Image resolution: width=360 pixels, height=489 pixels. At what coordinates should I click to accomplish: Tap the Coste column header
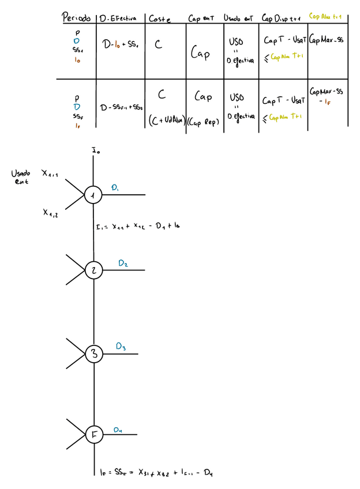159,18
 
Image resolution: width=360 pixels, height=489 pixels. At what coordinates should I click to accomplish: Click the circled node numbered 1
93,195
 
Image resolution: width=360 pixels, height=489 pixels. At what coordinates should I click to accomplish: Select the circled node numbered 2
93,270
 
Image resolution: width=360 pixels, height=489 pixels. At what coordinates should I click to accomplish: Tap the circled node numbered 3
93,353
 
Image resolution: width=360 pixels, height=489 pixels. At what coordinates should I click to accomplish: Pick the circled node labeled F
93,434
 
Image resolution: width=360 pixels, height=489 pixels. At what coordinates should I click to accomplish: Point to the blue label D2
123,264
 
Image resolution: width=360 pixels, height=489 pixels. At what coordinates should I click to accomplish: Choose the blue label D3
121,347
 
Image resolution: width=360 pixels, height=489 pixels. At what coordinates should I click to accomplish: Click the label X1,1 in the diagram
50,172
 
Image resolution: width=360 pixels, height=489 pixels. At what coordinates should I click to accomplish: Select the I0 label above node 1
95,152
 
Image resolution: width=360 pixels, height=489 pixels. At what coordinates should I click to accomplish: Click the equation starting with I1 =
137,226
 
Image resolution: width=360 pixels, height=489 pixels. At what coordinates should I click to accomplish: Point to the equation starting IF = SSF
156,472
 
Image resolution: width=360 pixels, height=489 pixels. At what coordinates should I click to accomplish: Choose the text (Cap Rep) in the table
204,121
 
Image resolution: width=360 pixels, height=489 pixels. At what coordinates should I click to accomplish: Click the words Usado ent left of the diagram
21,177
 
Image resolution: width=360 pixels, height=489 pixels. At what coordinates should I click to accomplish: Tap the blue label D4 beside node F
118,429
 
